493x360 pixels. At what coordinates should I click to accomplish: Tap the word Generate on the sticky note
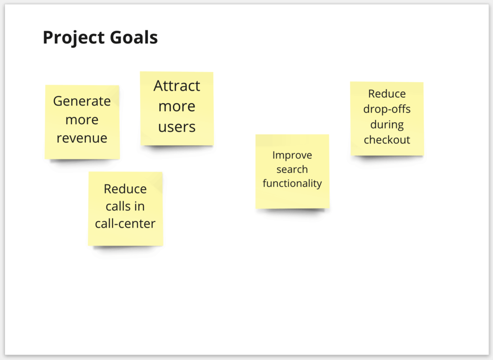82,101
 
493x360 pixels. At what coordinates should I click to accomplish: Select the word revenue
82,138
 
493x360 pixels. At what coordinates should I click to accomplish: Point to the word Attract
177,86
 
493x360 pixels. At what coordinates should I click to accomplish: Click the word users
177,127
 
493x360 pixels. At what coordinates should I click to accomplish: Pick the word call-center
125,224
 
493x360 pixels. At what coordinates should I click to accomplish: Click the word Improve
292,155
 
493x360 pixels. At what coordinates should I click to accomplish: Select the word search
292,169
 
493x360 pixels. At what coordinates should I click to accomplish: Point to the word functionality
292,183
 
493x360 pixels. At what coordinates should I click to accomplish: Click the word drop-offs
387,109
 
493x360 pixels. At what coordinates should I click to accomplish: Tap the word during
387,125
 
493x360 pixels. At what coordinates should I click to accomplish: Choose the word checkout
387,140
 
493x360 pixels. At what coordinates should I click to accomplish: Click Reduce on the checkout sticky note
387,94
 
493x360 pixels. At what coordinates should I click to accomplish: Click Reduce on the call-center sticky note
125,189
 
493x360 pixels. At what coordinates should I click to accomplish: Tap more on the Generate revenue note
82,120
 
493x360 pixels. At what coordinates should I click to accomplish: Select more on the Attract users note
177,106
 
